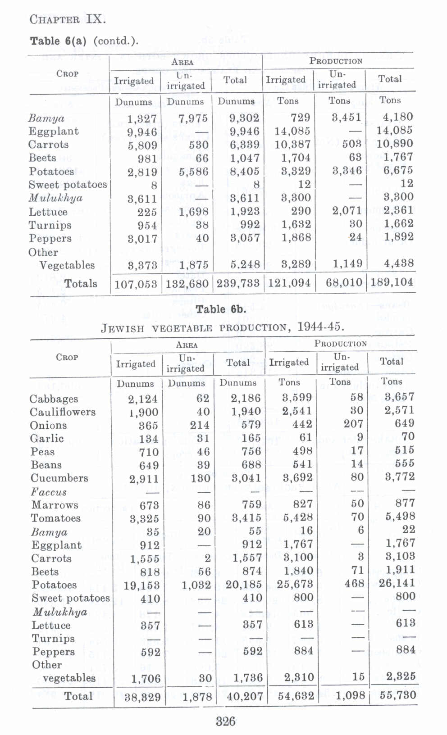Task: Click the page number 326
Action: [x=225, y=721]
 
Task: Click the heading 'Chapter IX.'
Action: [x=68, y=19]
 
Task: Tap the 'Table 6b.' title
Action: [x=221, y=309]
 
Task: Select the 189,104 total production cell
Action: [x=392, y=282]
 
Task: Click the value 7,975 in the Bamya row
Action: [x=193, y=118]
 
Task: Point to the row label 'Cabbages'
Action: [x=54, y=399]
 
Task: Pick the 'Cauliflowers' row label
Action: [x=63, y=412]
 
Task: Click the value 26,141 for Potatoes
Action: [x=397, y=583]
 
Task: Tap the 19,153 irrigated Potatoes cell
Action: [x=141, y=585]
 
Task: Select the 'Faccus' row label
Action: [x=49, y=492]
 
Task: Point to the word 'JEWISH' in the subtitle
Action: [x=123, y=328]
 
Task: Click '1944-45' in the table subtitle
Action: [x=320, y=327]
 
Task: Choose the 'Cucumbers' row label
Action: [x=59, y=478]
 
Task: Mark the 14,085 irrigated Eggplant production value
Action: [x=292, y=132]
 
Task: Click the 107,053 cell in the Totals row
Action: [x=136, y=284]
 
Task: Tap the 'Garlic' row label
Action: [x=47, y=439]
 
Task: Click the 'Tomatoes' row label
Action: [x=56, y=518]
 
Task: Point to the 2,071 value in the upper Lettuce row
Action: [x=347, y=210]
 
